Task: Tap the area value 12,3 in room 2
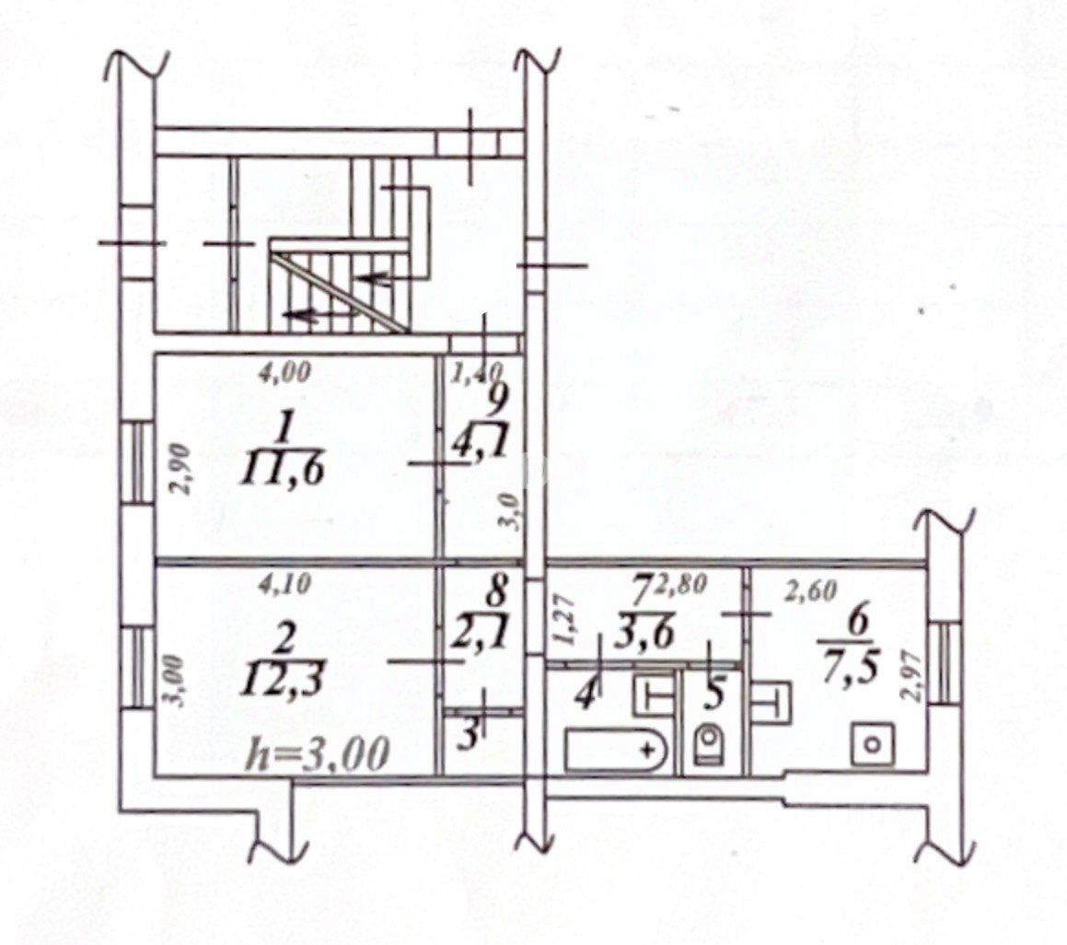283,680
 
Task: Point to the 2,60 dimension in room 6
809,593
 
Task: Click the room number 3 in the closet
468,736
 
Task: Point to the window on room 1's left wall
138,461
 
